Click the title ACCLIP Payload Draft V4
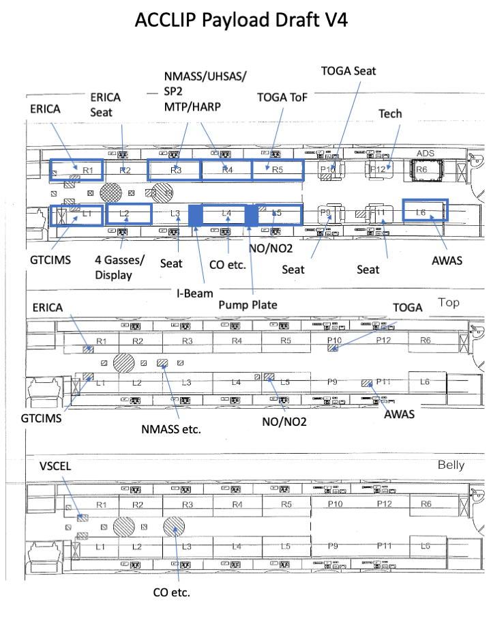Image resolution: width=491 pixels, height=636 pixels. pyautogui.click(x=241, y=20)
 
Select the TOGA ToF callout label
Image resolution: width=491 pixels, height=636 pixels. pyautogui.click(x=282, y=97)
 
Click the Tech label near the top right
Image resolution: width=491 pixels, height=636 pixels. pyautogui.click(x=390, y=113)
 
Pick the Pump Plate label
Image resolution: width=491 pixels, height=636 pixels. pyautogui.click(x=247, y=304)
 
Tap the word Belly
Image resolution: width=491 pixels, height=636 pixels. pyautogui.click(x=451, y=465)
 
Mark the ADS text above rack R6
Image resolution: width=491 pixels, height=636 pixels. pyautogui.click(x=425, y=154)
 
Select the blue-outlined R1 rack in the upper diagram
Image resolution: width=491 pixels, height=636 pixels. pyautogui.click(x=76, y=169)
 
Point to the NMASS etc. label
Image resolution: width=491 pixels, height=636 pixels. pyautogui.click(x=177, y=430)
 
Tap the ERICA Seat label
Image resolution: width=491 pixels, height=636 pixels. pyautogui.click(x=105, y=104)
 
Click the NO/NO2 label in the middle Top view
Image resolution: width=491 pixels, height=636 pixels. pyautogui.click(x=284, y=422)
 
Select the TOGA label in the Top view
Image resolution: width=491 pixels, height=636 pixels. pyautogui.click(x=408, y=307)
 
